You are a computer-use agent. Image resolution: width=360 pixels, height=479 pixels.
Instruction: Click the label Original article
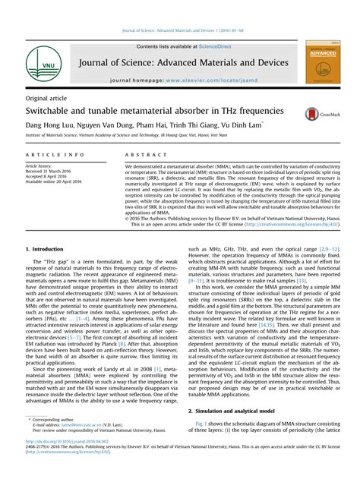pyautogui.click(x=48, y=99)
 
